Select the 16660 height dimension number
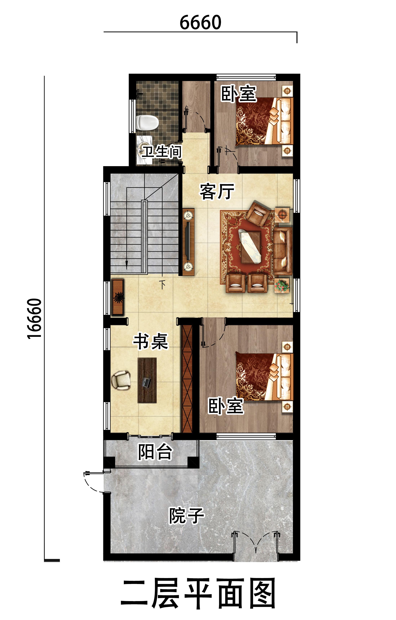pyautogui.click(x=35, y=319)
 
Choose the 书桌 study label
pyautogui.click(x=151, y=341)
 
